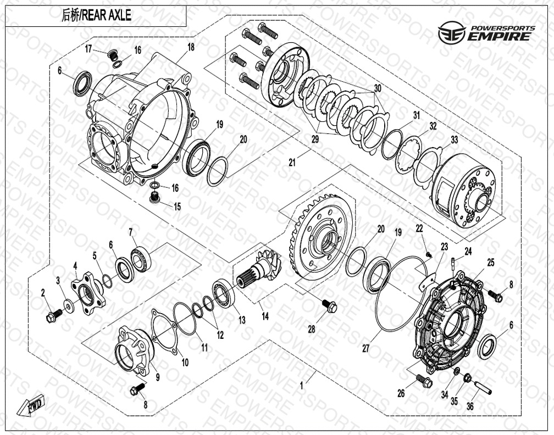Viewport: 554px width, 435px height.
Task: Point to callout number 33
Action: pyautogui.click(x=454, y=140)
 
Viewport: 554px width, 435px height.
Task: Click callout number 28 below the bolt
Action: pyautogui.click(x=311, y=330)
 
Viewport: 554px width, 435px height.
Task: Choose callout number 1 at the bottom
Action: pyautogui.click(x=301, y=386)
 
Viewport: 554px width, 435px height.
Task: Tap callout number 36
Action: pyautogui.click(x=470, y=406)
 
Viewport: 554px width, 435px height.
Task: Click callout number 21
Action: pyautogui.click(x=292, y=163)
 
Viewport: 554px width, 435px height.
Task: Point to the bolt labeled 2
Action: pyautogui.click(x=54, y=315)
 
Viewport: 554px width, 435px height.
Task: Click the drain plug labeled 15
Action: pyautogui.click(x=155, y=197)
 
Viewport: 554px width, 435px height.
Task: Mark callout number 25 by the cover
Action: pyautogui.click(x=491, y=263)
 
